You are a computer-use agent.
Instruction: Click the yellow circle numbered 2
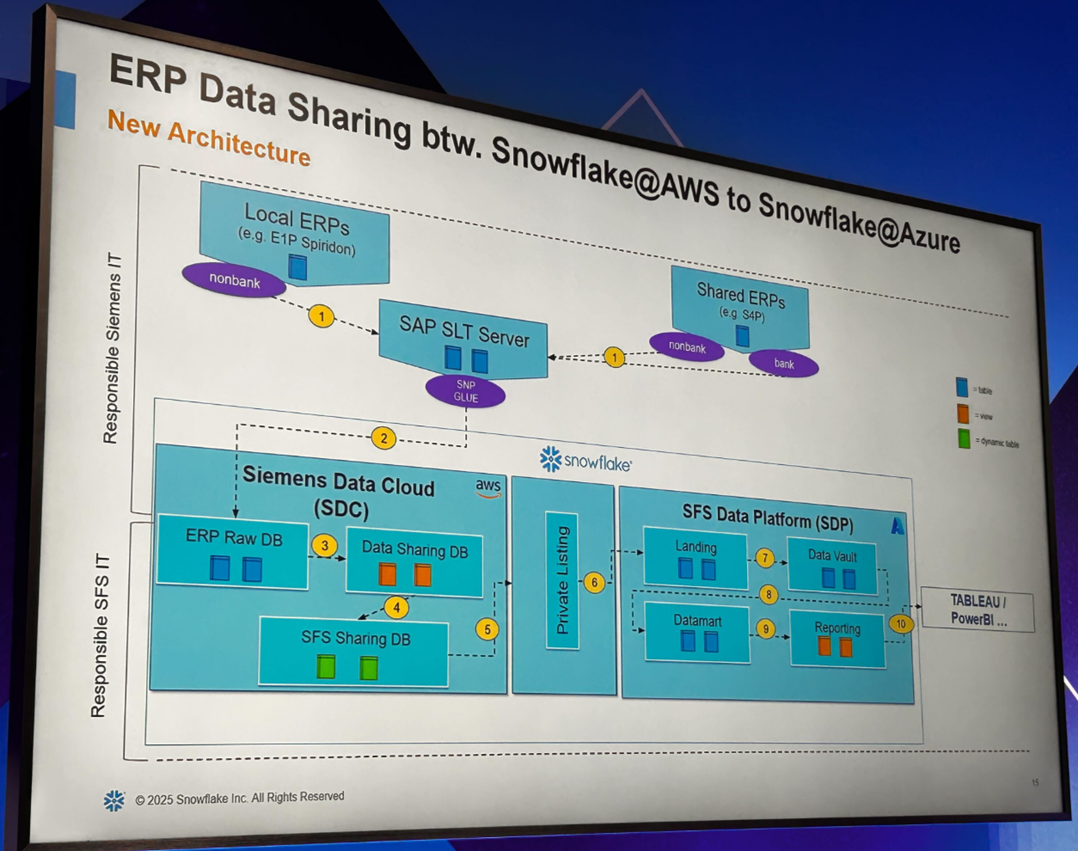(x=383, y=438)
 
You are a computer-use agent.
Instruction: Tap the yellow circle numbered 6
(x=594, y=582)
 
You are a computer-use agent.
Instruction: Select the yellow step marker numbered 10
(x=901, y=624)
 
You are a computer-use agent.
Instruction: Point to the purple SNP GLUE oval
(x=465, y=391)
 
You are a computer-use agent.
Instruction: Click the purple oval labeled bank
(x=783, y=364)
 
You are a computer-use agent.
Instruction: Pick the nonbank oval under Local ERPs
(x=234, y=280)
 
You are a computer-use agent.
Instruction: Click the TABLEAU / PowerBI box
(x=977, y=609)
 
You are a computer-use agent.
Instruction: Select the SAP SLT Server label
(x=464, y=330)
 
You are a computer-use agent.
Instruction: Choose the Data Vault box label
(x=832, y=555)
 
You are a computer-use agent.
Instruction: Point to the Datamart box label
(x=697, y=621)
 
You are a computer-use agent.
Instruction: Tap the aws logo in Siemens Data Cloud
(x=488, y=487)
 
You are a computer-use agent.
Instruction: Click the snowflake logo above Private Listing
(x=585, y=461)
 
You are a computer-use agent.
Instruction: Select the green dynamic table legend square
(x=964, y=439)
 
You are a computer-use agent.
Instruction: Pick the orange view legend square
(x=963, y=413)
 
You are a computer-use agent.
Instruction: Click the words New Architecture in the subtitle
(x=209, y=138)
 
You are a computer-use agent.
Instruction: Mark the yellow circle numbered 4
(x=396, y=608)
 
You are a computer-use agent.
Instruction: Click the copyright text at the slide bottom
(x=239, y=799)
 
